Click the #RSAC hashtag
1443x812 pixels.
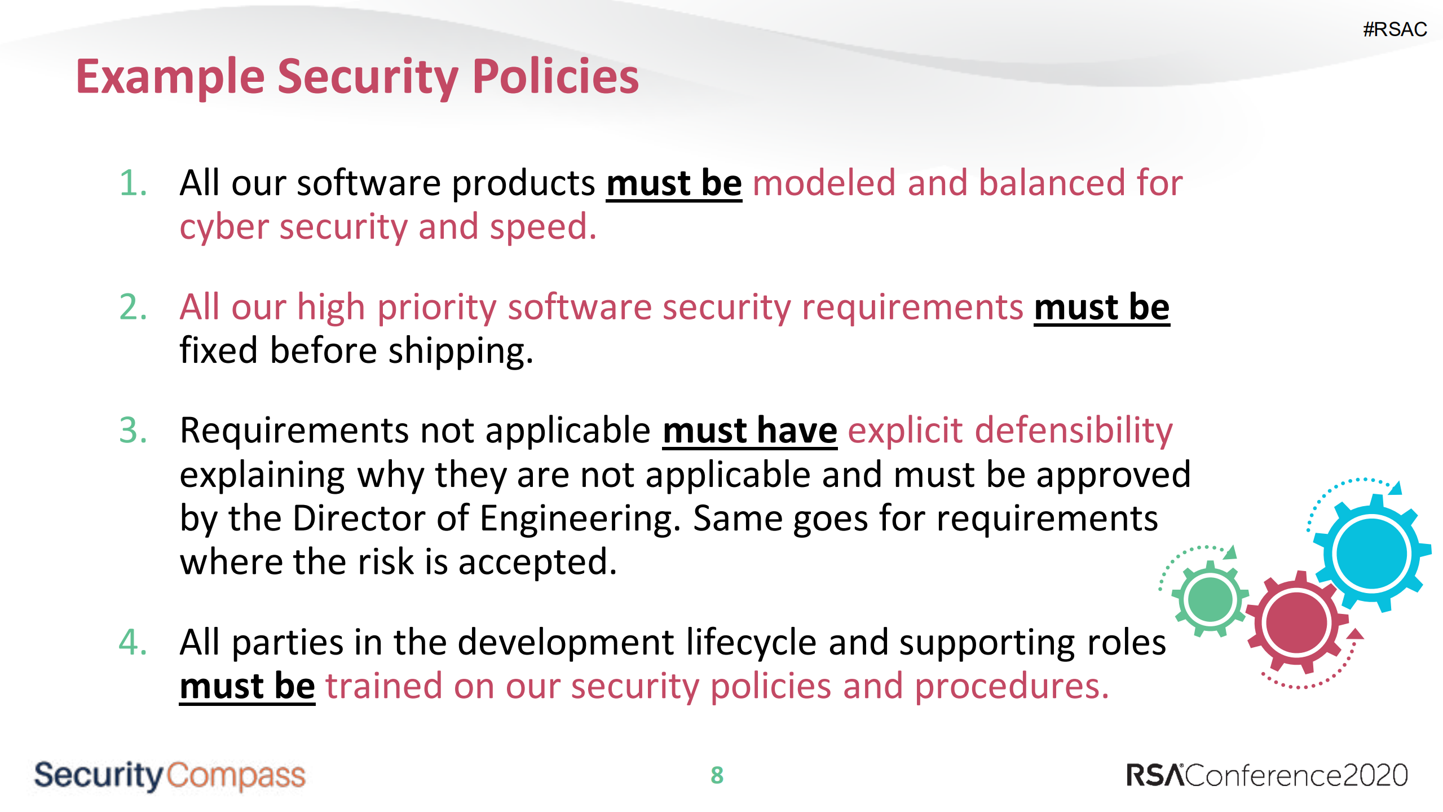coord(1395,29)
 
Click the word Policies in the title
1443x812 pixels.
coord(555,77)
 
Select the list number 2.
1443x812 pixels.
coord(133,308)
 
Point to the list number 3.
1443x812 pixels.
coord(133,431)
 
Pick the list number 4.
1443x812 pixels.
coord(133,642)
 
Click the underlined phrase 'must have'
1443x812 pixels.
coord(749,431)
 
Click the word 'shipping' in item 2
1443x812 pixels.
coord(460,351)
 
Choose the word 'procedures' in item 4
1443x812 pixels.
coord(1010,687)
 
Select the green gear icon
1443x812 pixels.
coord(1210,599)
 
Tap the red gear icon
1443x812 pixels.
coord(1296,623)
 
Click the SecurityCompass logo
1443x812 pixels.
coord(169,775)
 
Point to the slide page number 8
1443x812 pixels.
coord(717,775)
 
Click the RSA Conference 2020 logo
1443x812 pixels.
coord(1267,775)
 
